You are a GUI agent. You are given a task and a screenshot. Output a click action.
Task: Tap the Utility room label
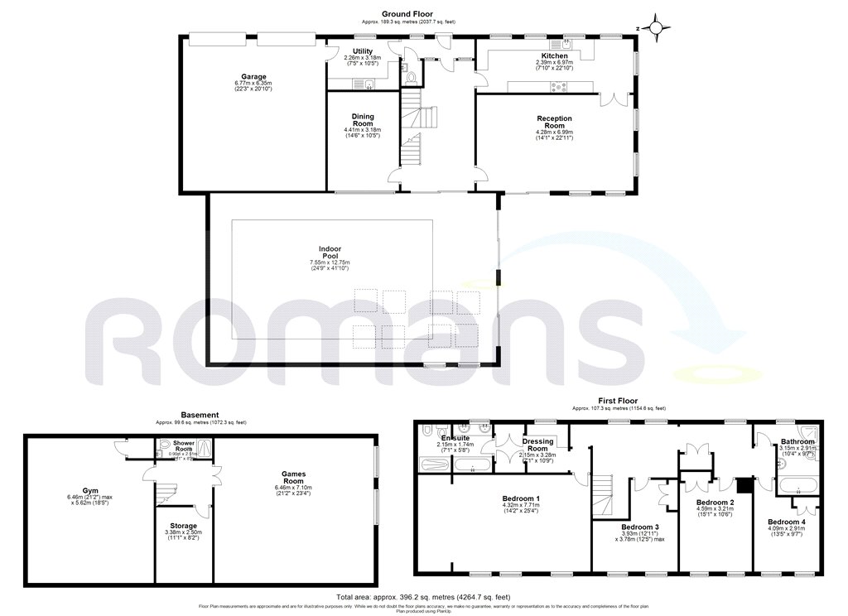(x=363, y=51)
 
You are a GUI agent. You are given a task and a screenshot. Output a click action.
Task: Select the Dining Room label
(x=363, y=120)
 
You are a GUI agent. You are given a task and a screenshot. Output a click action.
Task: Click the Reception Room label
(x=555, y=123)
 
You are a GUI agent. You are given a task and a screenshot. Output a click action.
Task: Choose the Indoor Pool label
(x=330, y=253)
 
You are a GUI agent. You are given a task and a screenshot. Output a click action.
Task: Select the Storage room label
(x=184, y=526)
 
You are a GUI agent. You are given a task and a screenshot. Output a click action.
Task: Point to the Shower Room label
(x=184, y=445)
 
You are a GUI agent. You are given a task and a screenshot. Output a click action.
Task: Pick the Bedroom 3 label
(x=639, y=527)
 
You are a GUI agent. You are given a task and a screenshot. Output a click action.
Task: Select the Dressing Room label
(x=538, y=445)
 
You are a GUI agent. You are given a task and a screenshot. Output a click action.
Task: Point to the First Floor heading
(x=619, y=400)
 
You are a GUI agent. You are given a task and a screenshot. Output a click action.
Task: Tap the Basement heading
(x=200, y=415)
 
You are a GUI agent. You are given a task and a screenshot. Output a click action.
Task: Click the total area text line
(x=423, y=597)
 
